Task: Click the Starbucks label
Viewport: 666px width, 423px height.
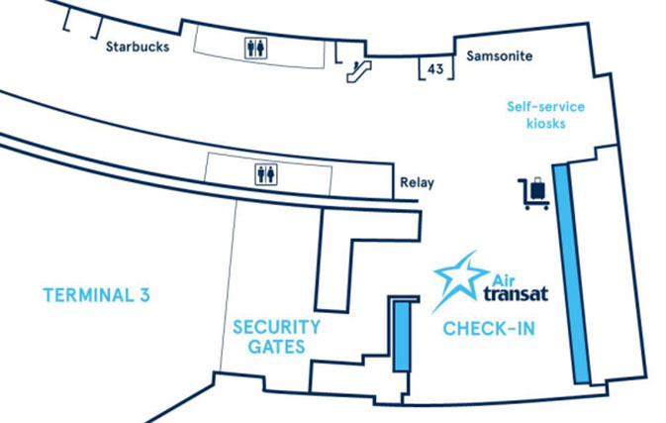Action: [138, 46]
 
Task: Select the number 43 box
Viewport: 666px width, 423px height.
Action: [433, 68]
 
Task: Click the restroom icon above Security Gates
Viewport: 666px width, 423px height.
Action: [265, 174]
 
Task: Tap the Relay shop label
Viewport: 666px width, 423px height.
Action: [417, 183]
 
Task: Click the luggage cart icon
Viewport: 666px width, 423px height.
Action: [533, 193]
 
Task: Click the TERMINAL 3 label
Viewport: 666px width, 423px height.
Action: [102, 295]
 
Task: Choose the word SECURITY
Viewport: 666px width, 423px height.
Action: [276, 326]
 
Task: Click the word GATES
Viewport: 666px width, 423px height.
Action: [276, 347]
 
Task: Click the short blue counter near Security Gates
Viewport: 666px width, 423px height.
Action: [401, 335]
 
